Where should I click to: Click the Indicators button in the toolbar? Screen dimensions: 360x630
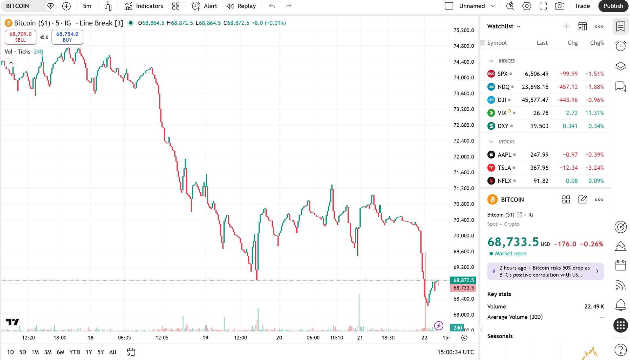tap(144, 6)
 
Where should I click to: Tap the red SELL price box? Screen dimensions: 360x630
tap(20, 37)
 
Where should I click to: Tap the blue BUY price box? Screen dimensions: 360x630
tap(67, 37)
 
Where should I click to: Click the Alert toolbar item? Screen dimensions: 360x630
tap(204, 6)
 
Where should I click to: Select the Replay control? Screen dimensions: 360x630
tap(241, 6)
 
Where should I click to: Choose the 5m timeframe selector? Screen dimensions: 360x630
tap(87, 6)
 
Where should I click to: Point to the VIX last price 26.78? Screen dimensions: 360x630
tap(541, 113)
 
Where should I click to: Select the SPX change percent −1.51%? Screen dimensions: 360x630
tap(594, 74)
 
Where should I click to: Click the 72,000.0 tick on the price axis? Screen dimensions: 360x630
tap(464, 157)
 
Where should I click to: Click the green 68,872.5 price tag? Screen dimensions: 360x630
tap(463, 280)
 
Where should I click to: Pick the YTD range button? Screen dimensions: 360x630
tap(75, 352)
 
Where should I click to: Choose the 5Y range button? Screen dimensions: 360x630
tap(100, 352)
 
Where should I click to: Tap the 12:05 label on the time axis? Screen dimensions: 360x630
tap(162, 338)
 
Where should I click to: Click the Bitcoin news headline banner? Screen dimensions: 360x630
tap(545, 271)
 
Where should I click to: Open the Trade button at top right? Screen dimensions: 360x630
tap(582, 6)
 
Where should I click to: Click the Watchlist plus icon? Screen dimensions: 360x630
tap(566, 26)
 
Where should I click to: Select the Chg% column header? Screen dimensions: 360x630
tap(597, 43)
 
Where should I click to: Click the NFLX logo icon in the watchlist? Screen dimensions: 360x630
tap(491, 181)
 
